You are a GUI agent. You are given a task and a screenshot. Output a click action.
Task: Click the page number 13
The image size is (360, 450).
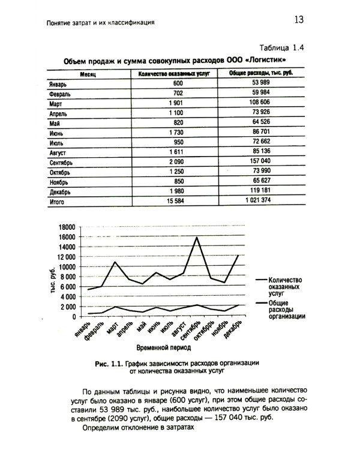[x=299, y=20]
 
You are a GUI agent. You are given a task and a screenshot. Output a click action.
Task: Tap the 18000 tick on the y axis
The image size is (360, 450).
[x=64, y=227]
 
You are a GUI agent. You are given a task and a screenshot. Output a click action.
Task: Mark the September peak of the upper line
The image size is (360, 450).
[x=196, y=237]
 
